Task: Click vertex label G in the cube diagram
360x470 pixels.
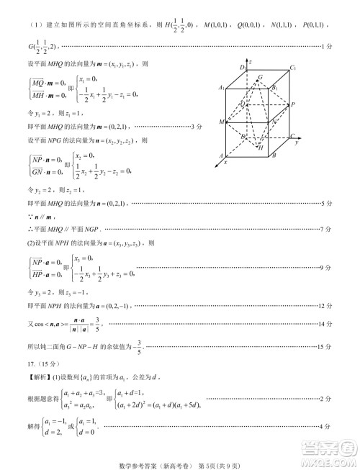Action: point(260,77)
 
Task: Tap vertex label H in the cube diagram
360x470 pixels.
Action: point(261,147)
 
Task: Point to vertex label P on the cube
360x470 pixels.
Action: point(292,105)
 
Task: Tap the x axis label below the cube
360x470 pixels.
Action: point(225,163)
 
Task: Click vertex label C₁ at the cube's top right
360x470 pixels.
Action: point(292,69)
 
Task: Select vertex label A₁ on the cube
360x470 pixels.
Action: point(222,87)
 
